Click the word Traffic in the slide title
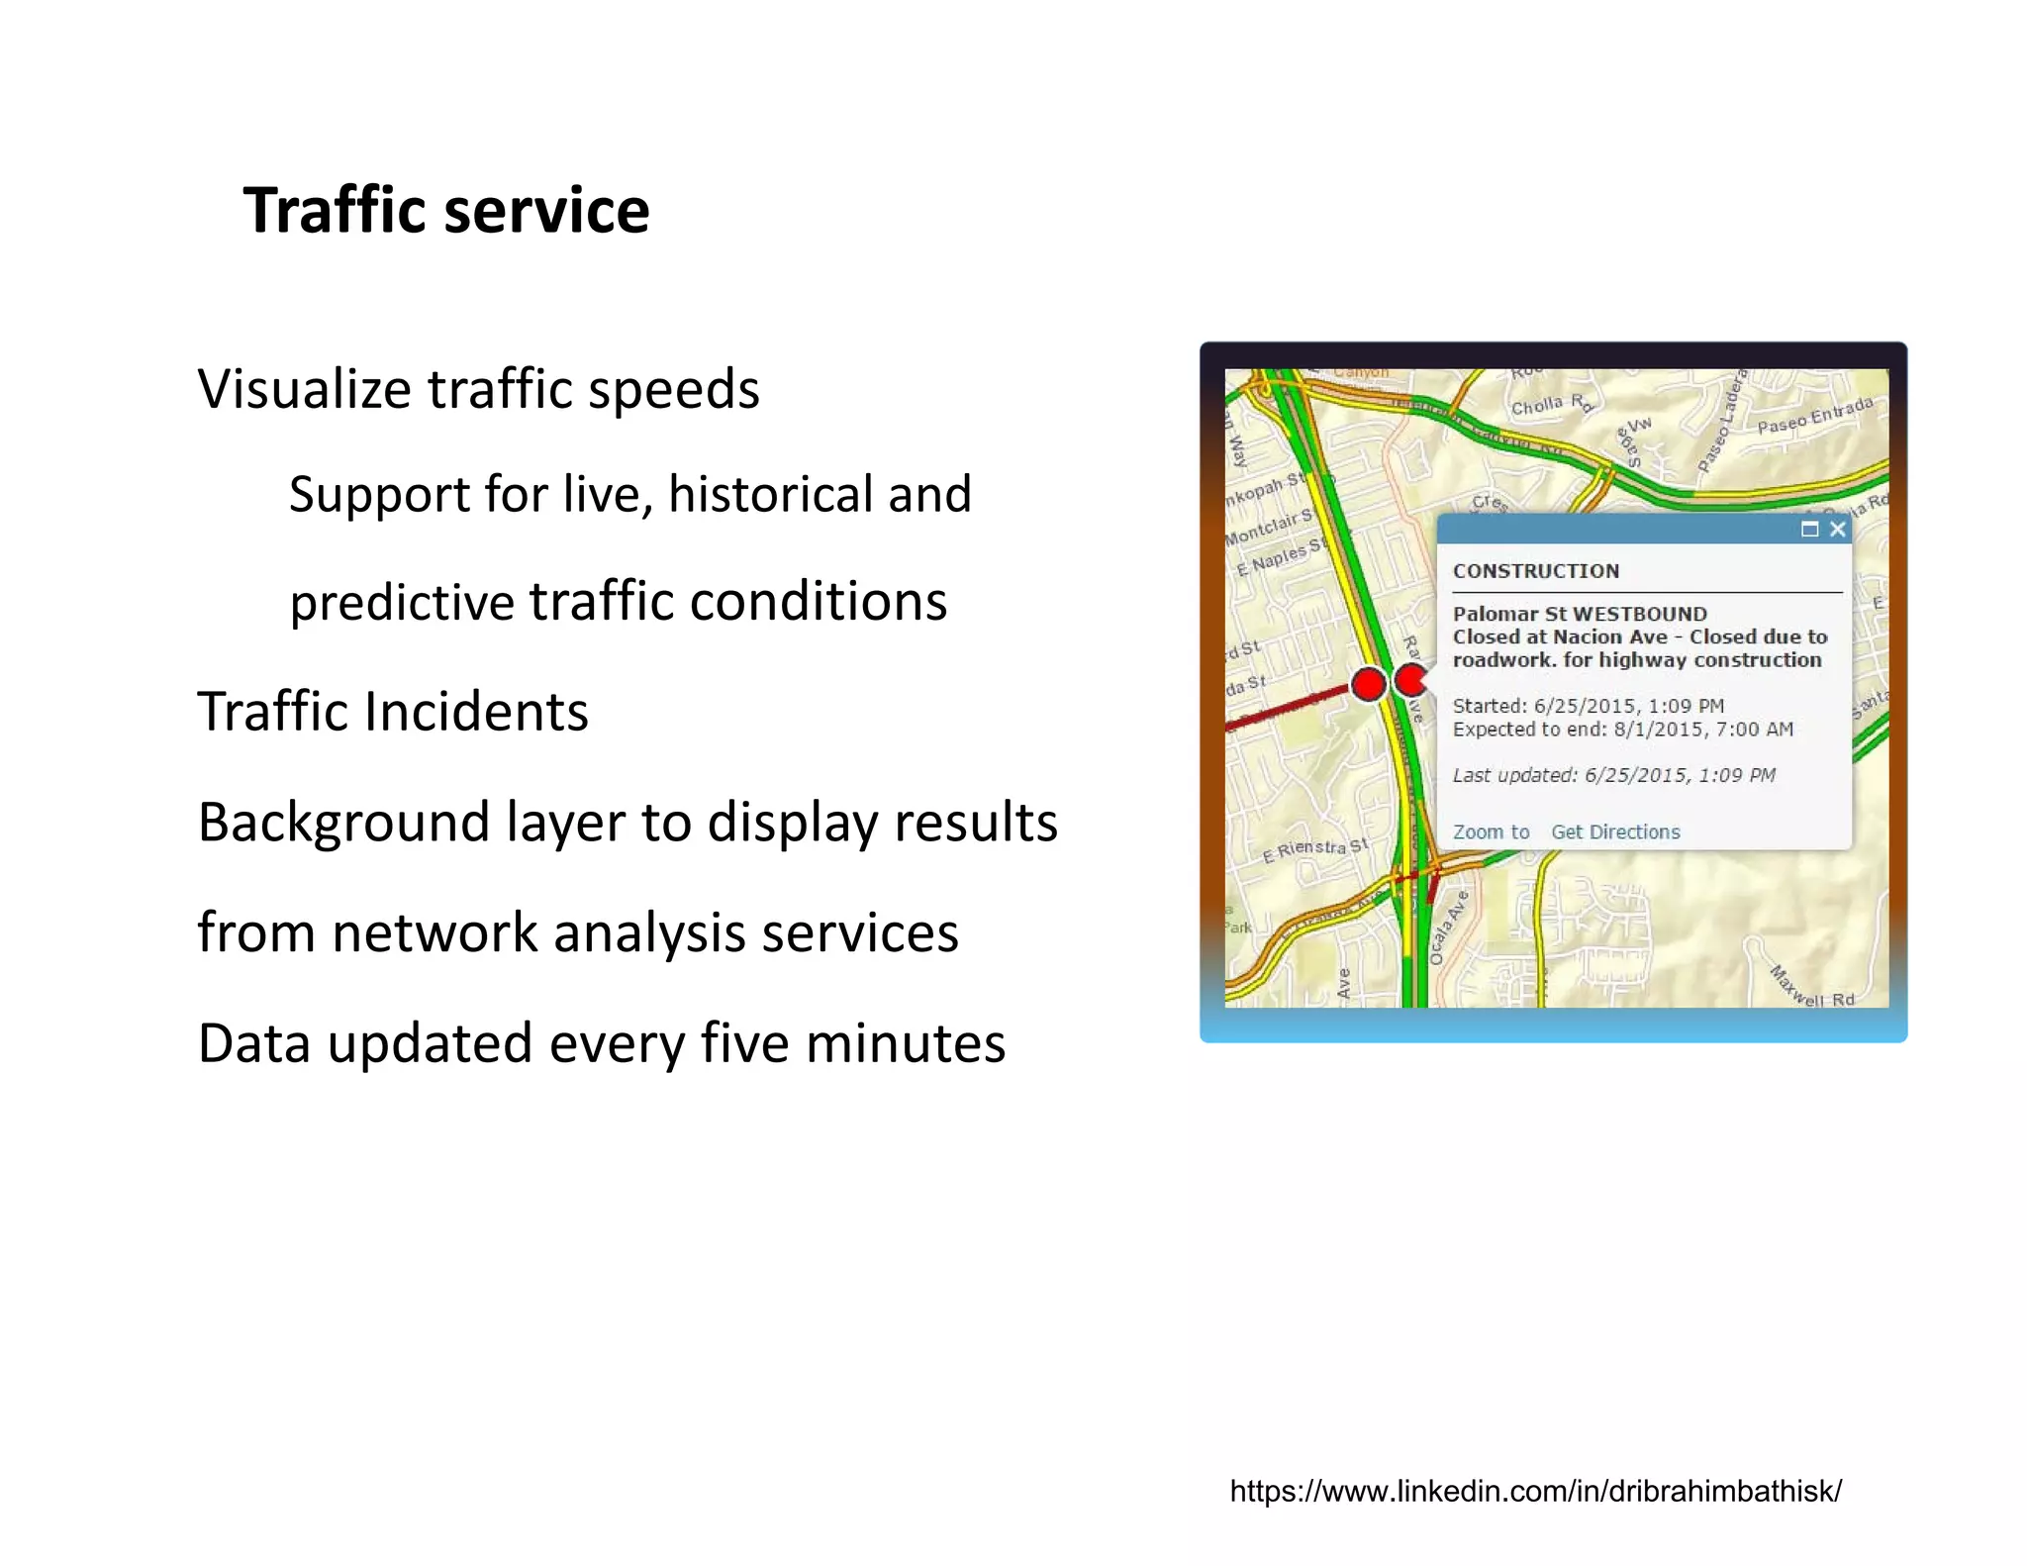pos(333,211)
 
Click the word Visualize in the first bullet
pos(302,389)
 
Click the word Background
pos(343,823)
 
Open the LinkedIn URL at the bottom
pos(1535,1491)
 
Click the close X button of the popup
pos(1838,530)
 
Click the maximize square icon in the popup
pos(1809,530)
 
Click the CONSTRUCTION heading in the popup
pos(1536,571)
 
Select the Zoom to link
pos(1491,832)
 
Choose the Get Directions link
pos(1615,832)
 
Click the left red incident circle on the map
pos(1369,683)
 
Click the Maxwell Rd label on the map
pos(1812,987)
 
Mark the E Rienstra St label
pos(1315,849)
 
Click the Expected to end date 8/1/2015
pos(1659,730)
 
